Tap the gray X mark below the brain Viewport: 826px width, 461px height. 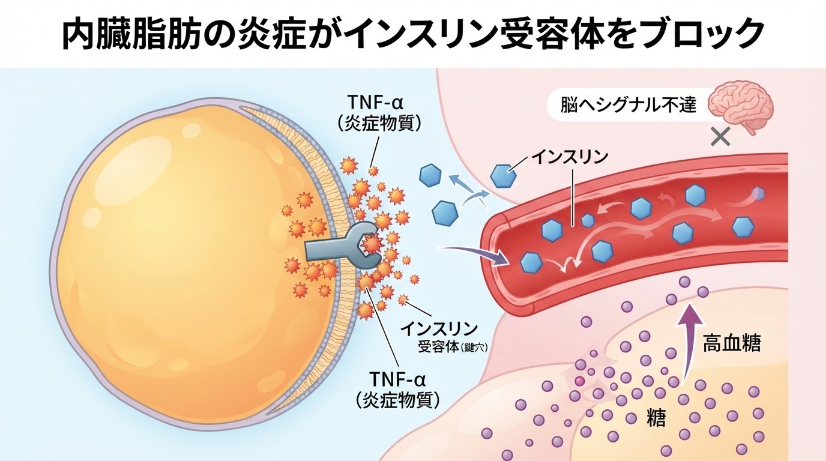(x=720, y=137)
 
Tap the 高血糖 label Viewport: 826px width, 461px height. (x=732, y=344)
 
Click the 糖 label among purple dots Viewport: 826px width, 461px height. (x=656, y=418)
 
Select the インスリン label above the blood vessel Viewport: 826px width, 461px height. (x=569, y=158)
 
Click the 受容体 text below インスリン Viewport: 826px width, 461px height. (x=438, y=347)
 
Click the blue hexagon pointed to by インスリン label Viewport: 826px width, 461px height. (x=503, y=175)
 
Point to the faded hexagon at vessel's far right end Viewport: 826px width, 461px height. (x=758, y=193)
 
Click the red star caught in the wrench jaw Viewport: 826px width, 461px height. (x=372, y=243)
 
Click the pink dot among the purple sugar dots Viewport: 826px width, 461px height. (x=579, y=380)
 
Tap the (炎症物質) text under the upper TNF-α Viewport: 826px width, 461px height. (x=379, y=125)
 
